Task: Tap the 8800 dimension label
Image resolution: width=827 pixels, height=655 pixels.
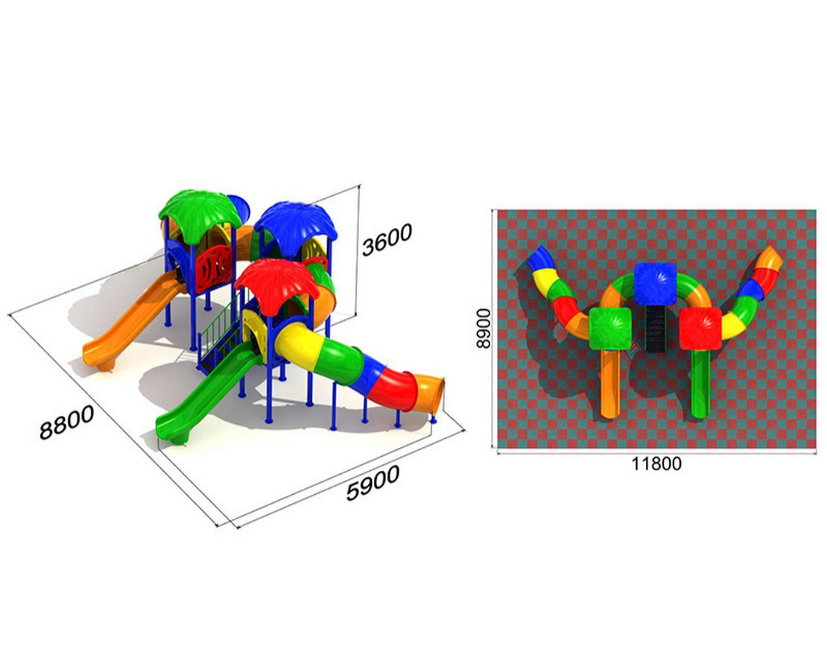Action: [x=67, y=422]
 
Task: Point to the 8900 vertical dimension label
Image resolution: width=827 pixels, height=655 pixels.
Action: [x=483, y=329]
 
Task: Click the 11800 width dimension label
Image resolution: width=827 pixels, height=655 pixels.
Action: [x=656, y=463]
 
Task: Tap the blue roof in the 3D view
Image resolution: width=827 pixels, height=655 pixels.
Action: [x=295, y=222]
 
